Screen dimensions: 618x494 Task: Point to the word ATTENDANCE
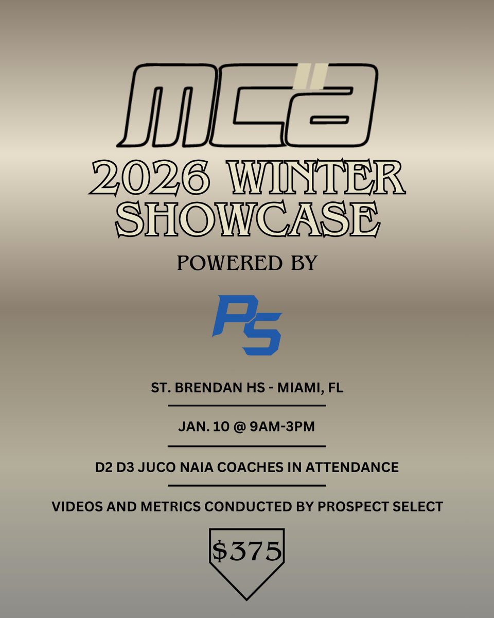click(358, 468)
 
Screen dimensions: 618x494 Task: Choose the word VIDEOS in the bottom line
click(76, 507)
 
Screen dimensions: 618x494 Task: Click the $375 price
click(247, 552)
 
